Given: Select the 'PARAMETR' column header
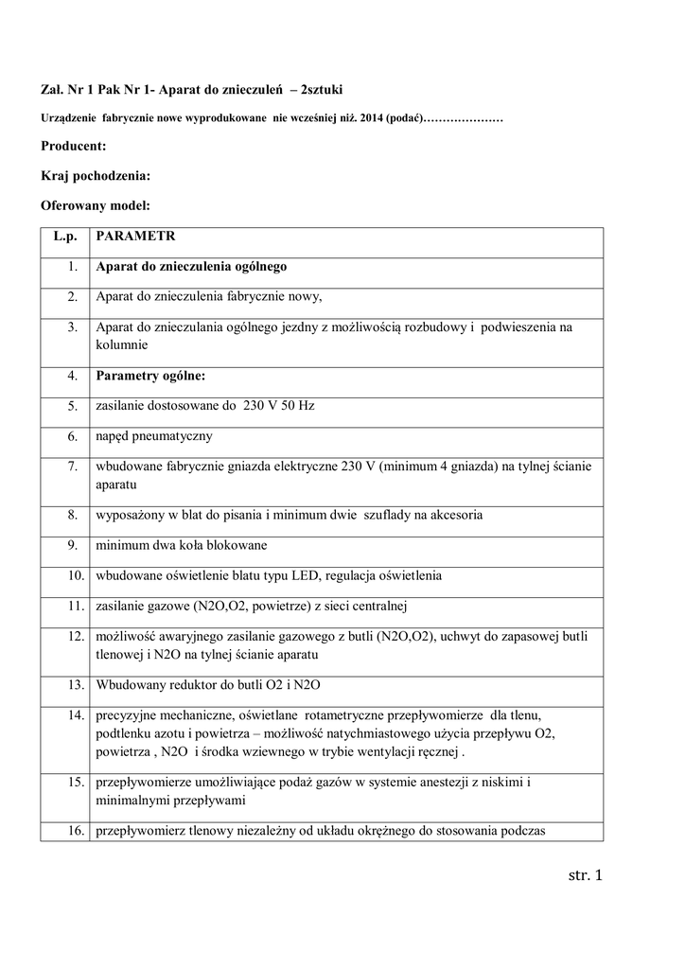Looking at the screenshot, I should click(134, 236).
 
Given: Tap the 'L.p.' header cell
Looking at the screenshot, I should click(64, 236).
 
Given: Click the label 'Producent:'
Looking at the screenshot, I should click(74, 146).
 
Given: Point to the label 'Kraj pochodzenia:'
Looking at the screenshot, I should click(96, 175).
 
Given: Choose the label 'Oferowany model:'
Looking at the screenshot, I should click(96, 204).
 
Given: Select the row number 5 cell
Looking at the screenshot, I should click(72, 406).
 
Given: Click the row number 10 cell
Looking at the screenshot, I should click(69, 575).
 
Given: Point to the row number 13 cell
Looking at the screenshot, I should click(69, 684).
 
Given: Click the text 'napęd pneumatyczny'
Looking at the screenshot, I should click(154, 436).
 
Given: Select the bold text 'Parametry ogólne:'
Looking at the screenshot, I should click(150, 376).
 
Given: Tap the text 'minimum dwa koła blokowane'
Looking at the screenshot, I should click(181, 545).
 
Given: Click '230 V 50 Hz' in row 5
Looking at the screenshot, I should click(278, 406).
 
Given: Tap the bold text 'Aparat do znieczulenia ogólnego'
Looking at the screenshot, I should click(191, 266).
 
